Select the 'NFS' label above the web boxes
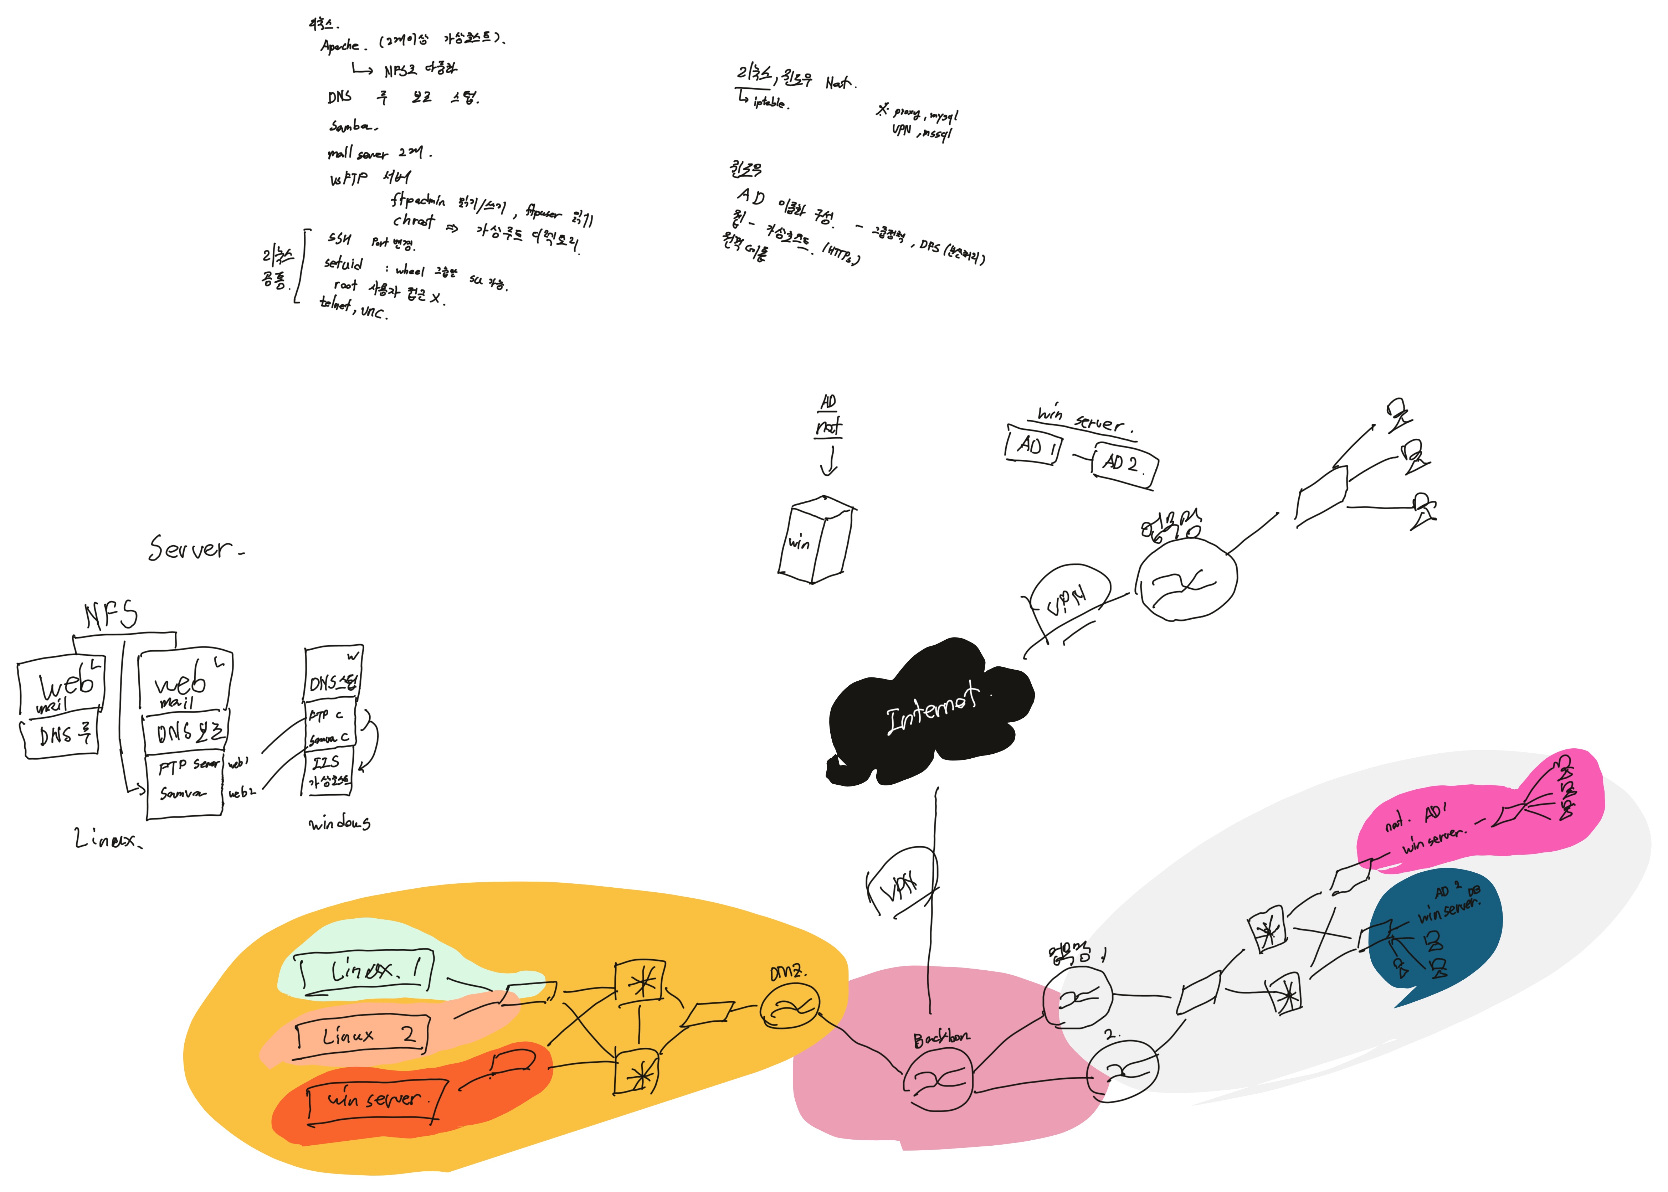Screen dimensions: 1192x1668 [110, 615]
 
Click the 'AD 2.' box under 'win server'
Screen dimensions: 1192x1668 [1123, 464]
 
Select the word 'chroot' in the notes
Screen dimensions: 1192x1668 [413, 220]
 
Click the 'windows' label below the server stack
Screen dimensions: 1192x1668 [339, 824]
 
